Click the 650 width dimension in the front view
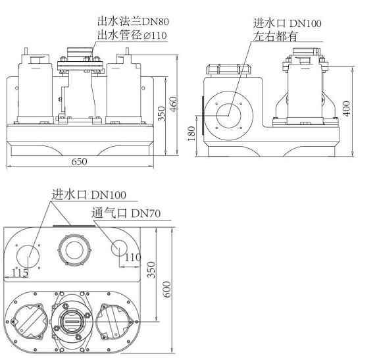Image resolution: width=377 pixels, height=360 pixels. [79, 162]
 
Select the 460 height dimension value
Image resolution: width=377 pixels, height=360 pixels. [173, 104]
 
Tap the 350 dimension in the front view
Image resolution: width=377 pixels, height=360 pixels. [161, 114]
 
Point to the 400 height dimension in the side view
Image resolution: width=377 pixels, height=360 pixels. [347, 109]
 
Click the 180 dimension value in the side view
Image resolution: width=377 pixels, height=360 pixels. [191, 134]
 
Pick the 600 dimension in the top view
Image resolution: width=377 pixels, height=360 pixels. [167, 290]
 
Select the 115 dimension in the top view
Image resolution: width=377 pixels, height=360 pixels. [20, 272]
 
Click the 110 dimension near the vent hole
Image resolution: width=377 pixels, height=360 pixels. [133, 257]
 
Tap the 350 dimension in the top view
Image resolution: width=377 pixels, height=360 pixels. [151, 270]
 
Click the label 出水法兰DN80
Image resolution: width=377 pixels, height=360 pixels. [133, 21]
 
